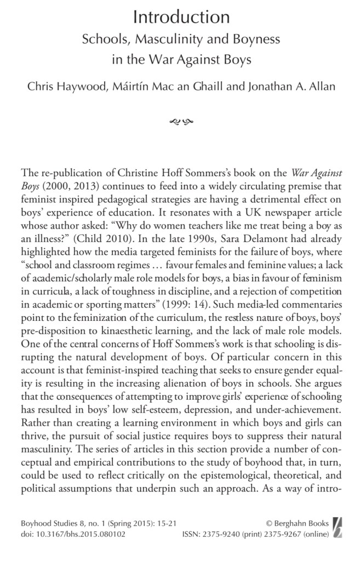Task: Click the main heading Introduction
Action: [180, 18]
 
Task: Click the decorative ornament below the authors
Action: [180, 119]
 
